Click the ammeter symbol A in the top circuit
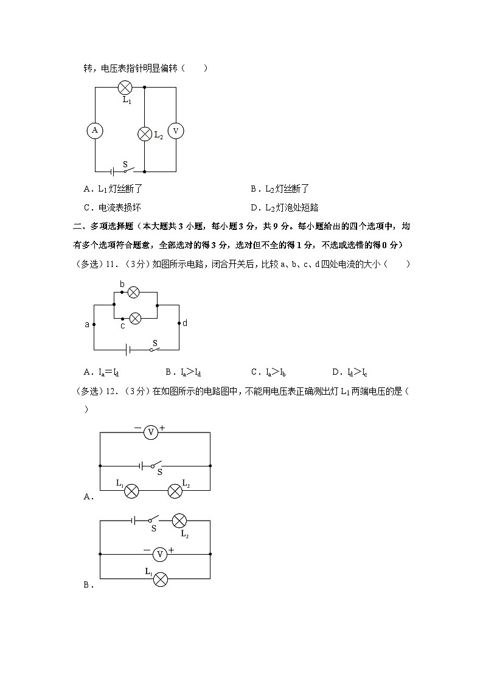95,130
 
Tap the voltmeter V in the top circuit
176,131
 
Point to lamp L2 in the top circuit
145,134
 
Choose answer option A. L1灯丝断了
113,189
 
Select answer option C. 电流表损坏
113,207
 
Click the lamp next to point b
134,292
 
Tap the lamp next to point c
136,317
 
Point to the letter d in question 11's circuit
185,323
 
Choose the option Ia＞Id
182,372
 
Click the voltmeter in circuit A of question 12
151,432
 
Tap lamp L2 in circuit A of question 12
175,490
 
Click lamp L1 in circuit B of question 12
160,579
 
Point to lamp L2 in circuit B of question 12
179,521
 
